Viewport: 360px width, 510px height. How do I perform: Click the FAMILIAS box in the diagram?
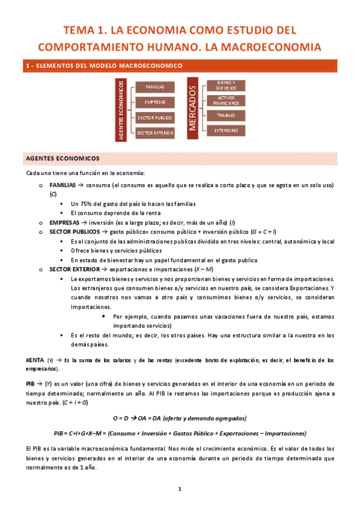pyautogui.click(x=155, y=87)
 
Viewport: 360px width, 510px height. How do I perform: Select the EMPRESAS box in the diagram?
pyautogui.click(x=155, y=102)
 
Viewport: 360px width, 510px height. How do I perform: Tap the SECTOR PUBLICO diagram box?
pyautogui.click(x=155, y=117)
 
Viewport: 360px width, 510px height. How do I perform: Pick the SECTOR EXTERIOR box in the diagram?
pyautogui.click(x=155, y=132)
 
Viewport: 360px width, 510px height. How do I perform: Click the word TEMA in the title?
pyautogui.click(x=82, y=30)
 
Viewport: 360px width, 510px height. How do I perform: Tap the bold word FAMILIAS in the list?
pyautogui.click(x=63, y=185)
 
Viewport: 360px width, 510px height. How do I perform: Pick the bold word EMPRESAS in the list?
pyautogui.click(x=64, y=223)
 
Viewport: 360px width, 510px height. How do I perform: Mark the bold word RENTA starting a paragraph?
pyautogui.click(x=35, y=360)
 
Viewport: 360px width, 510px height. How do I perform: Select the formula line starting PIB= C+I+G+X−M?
pyautogui.click(x=179, y=433)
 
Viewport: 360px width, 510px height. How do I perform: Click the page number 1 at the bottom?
pyautogui.click(x=180, y=488)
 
